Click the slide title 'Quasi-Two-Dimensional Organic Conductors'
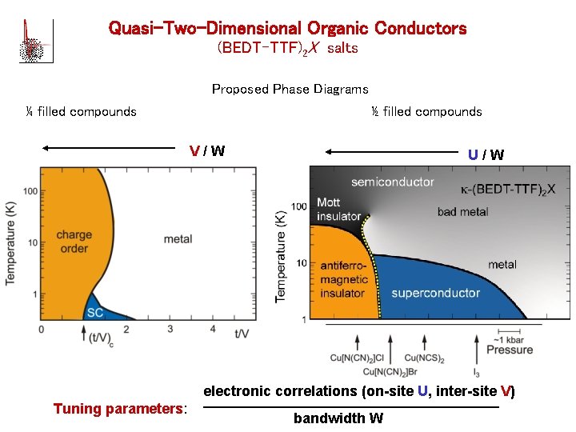287,29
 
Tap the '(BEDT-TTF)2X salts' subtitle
287,49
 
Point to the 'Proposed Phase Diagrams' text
290,89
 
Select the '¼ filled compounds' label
81,111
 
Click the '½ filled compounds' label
426,111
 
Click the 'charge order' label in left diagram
74,242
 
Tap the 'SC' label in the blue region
95,312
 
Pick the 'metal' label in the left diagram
178,239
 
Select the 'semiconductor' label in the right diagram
392,182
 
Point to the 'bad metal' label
462,212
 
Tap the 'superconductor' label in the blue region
435,293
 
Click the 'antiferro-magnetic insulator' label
344,279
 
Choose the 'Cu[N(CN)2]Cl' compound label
358,359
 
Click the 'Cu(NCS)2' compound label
424,359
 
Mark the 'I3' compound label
477,373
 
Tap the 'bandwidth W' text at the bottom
338,418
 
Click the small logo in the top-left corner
30,40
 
